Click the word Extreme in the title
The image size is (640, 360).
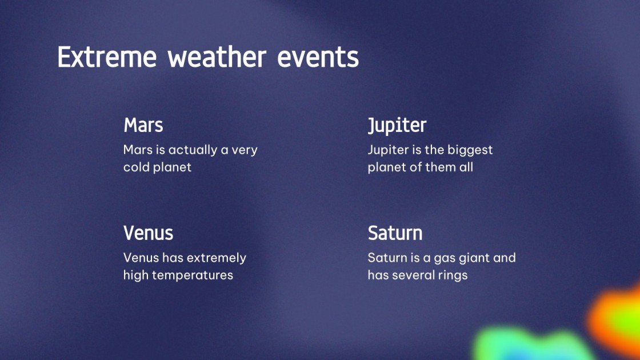point(107,58)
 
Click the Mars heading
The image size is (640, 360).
point(143,125)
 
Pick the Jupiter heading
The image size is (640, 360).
point(397,125)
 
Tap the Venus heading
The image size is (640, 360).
point(148,233)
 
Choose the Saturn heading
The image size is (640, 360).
point(395,233)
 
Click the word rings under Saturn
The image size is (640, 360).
point(453,275)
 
